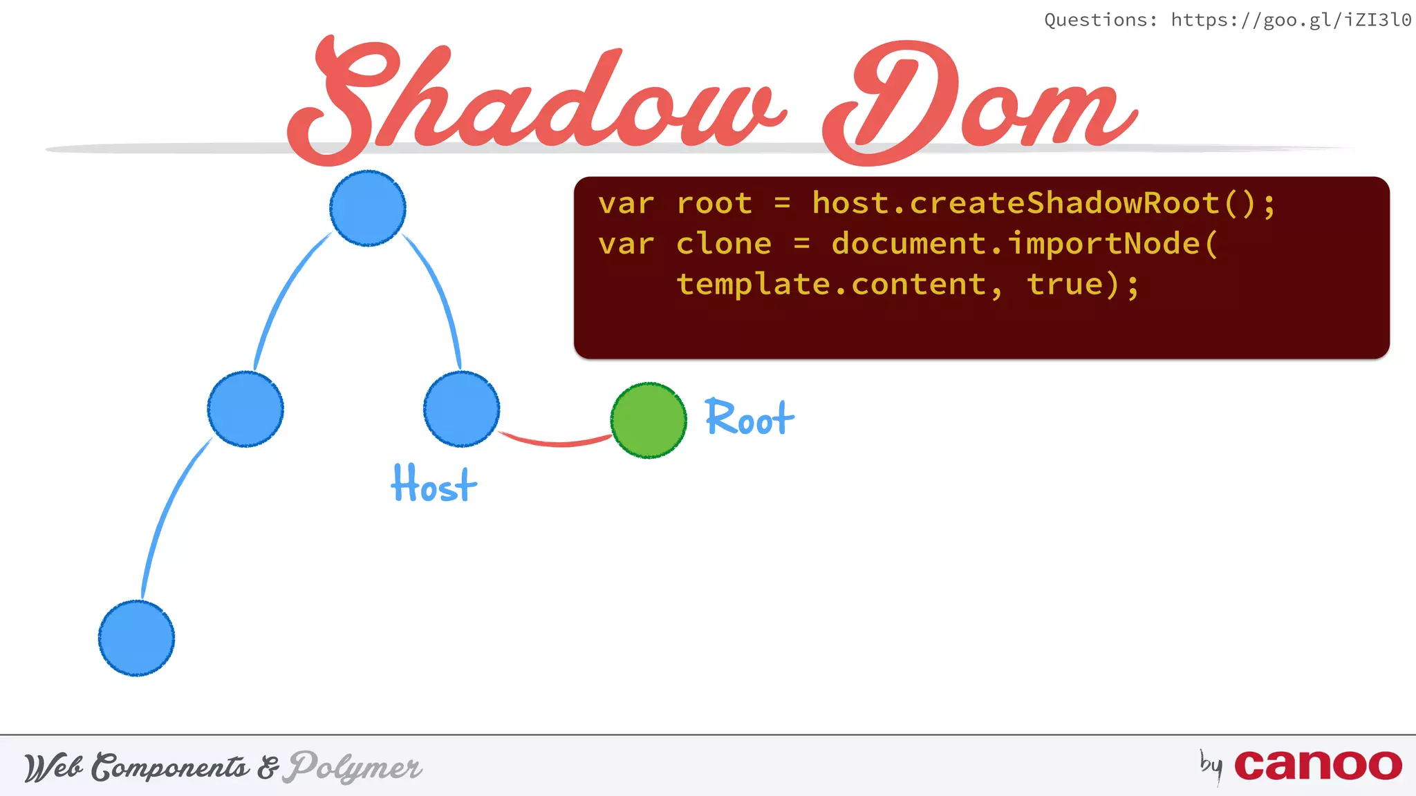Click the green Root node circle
(x=649, y=420)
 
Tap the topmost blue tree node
(x=368, y=208)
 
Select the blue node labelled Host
(x=461, y=409)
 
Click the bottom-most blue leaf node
(x=136, y=638)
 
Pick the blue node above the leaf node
(x=245, y=409)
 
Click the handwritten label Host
(x=434, y=484)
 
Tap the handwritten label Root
(x=749, y=419)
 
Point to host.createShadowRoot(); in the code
(x=1043, y=204)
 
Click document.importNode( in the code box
(x=1024, y=244)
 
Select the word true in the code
(x=1065, y=285)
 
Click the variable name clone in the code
(x=723, y=244)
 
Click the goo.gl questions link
(x=1290, y=20)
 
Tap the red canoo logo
(x=1318, y=765)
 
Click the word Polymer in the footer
(x=355, y=767)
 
